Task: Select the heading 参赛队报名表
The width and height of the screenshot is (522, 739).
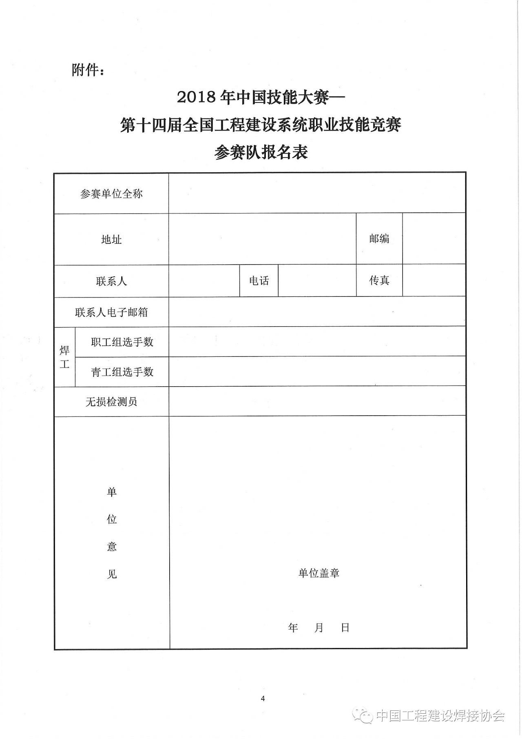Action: [x=261, y=153]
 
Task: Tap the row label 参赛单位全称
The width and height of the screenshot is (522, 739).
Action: [x=111, y=194]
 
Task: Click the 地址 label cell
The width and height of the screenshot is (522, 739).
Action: [x=111, y=240]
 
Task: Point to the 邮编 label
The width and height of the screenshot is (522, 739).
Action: [x=379, y=239]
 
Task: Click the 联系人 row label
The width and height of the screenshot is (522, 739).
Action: [x=111, y=281]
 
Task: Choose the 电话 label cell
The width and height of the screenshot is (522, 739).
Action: [x=259, y=281]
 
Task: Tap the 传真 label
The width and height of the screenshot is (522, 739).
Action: [x=379, y=280]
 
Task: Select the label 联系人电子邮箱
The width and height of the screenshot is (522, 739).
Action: [x=111, y=312]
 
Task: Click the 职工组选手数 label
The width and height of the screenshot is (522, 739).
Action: [x=122, y=342]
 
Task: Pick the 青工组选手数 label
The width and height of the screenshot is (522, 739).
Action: [x=122, y=372]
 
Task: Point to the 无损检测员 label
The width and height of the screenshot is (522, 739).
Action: [x=111, y=402]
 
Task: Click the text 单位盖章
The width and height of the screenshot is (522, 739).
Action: [x=319, y=573]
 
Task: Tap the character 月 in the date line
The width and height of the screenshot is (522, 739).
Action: [x=319, y=628]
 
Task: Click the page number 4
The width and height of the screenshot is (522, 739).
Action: [x=263, y=699]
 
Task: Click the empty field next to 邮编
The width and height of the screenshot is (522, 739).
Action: [x=434, y=239]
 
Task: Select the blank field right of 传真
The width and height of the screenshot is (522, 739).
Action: [x=434, y=280]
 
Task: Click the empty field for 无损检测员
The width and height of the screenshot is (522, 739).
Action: [x=317, y=402]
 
